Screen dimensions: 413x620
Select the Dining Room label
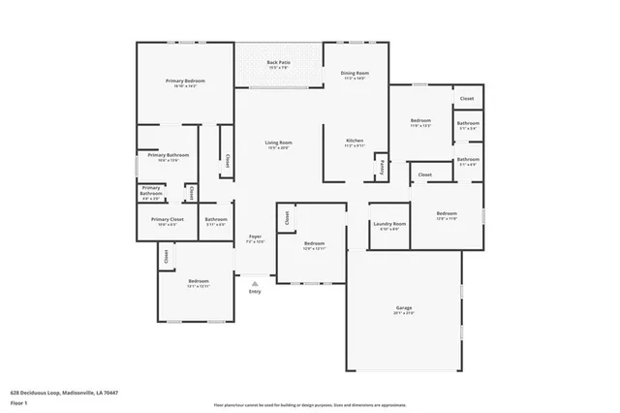[x=355, y=73]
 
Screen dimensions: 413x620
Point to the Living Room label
[x=279, y=143]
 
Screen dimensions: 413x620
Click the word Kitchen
[x=355, y=141]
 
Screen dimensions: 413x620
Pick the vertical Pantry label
[x=382, y=166]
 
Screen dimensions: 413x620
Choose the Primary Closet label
[x=167, y=219]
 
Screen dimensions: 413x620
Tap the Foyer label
[x=255, y=236]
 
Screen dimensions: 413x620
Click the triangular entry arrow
[x=255, y=280]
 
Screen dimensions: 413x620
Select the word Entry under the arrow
[x=255, y=292]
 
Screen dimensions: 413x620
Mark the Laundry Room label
[x=389, y=224]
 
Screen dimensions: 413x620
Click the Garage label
[x=404, y=307]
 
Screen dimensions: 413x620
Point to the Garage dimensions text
[x=404, y=313]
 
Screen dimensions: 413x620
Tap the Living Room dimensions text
[x=279, y=148]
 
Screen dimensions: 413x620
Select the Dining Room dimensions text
[x=355, y=79]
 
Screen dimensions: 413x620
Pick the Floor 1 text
[x=18, y=401]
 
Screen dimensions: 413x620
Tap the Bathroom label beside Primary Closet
[x=215, y=219]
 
